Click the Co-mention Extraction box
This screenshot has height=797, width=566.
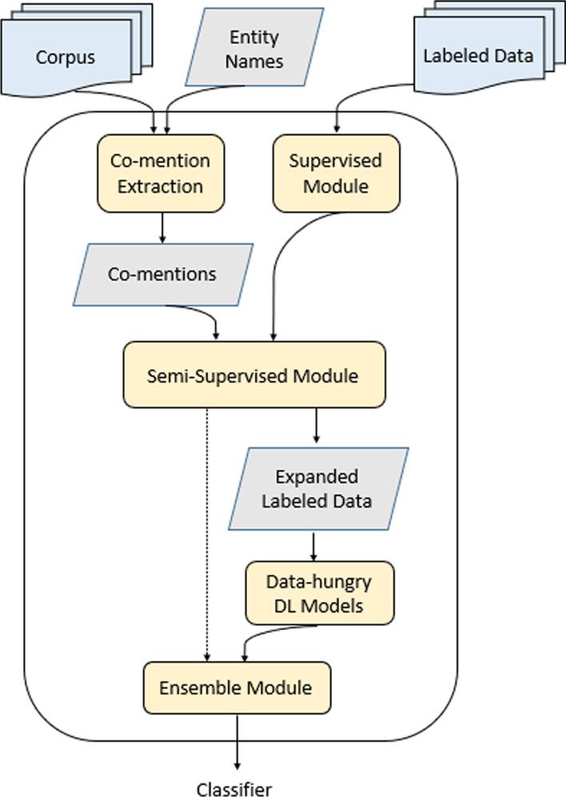pos(161,173)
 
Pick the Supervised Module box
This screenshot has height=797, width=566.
pos(336,173)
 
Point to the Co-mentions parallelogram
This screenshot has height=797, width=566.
pos(162,275)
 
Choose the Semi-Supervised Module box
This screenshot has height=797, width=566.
pos(253,375)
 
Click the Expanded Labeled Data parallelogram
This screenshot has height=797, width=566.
pos(317,489)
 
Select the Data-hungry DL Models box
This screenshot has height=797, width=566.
pos(320,593)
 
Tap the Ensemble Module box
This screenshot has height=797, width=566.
pos(235,688)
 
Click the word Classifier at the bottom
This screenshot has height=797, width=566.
pos(235,789)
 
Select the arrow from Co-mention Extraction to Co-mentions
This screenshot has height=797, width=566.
pos(162,228)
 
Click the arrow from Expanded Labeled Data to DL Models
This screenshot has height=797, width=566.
pos(313,546)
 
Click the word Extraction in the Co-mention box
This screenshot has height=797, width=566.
pos(161,186)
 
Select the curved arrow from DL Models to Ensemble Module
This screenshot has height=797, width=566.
pos(264,635)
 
